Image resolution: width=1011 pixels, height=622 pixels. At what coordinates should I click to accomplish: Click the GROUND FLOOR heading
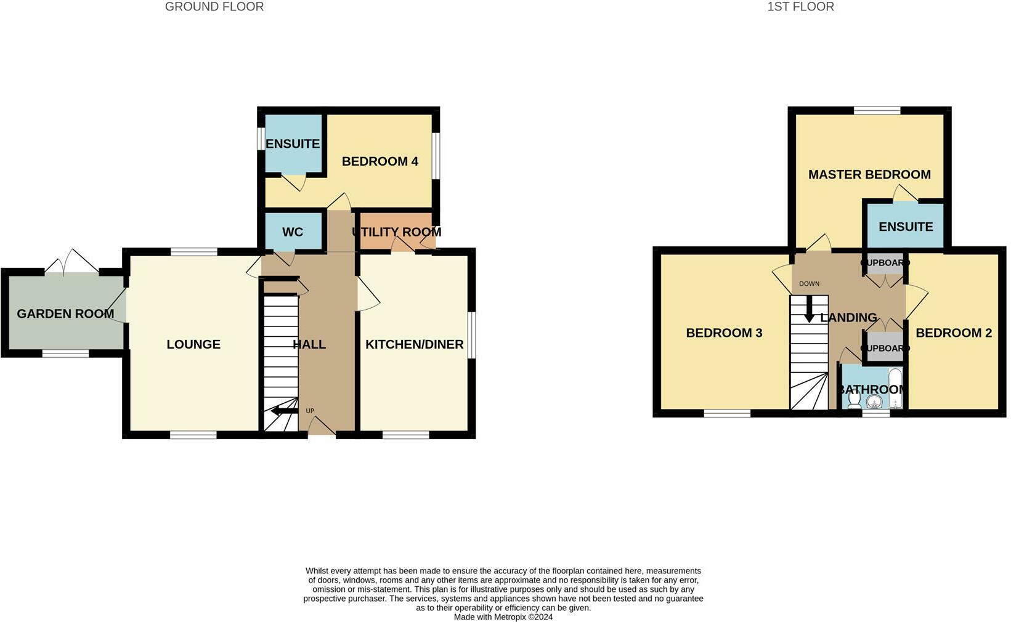[214, 7]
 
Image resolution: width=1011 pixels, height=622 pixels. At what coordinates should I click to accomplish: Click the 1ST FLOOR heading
[800, 7]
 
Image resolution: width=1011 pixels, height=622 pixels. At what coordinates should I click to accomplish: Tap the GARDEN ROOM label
[65, 313]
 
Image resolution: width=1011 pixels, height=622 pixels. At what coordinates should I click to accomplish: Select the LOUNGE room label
[193, 344]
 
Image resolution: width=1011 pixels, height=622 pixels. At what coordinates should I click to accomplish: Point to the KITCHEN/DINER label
[414, 344]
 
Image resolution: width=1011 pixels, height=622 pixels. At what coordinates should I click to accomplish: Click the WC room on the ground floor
[293, 232]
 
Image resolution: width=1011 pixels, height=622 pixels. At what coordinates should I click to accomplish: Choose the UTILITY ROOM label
[397, 232]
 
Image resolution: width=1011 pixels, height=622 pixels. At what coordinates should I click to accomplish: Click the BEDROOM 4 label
[380, 161]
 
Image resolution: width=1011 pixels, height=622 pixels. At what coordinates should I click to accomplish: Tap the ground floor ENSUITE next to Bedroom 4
[293, 143]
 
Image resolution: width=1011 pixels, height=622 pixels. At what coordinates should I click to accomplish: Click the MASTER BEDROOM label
[869, 174]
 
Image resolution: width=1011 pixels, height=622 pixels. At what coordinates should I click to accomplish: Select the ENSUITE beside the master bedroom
[905, 227]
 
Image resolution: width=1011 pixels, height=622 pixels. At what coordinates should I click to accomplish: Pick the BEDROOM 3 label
[724, 333]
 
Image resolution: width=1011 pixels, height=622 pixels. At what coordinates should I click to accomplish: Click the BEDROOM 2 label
[953, 333]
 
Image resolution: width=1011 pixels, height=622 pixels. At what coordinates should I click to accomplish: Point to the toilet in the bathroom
[854, 400]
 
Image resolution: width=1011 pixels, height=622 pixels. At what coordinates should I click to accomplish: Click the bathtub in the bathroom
[895, 388]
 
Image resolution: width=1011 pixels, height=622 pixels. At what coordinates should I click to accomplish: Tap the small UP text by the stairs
[310, 411]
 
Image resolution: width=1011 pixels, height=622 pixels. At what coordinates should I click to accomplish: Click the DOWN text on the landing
[809, 284]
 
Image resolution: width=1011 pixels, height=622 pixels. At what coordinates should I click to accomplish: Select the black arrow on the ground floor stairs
[283, 411]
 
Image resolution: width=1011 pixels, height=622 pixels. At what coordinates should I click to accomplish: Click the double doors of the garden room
[72, 262]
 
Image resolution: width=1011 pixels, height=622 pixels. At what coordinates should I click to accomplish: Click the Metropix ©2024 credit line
[503, 616]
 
